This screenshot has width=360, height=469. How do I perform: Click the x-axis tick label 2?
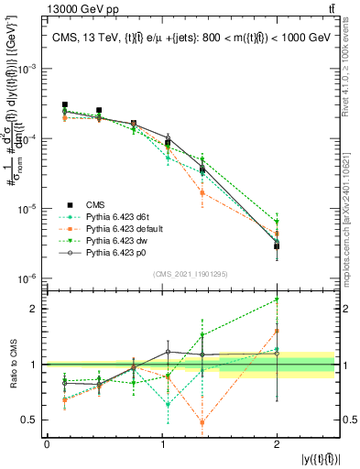coord(277,444)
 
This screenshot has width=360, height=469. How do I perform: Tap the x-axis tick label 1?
coord(161,444)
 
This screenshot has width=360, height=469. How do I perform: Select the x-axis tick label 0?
coord(47,444)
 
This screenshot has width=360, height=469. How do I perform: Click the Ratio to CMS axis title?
coord(10,364)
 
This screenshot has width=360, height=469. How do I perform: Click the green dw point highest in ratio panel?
coord(277,300)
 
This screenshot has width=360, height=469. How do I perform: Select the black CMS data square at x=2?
coord(277,246)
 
